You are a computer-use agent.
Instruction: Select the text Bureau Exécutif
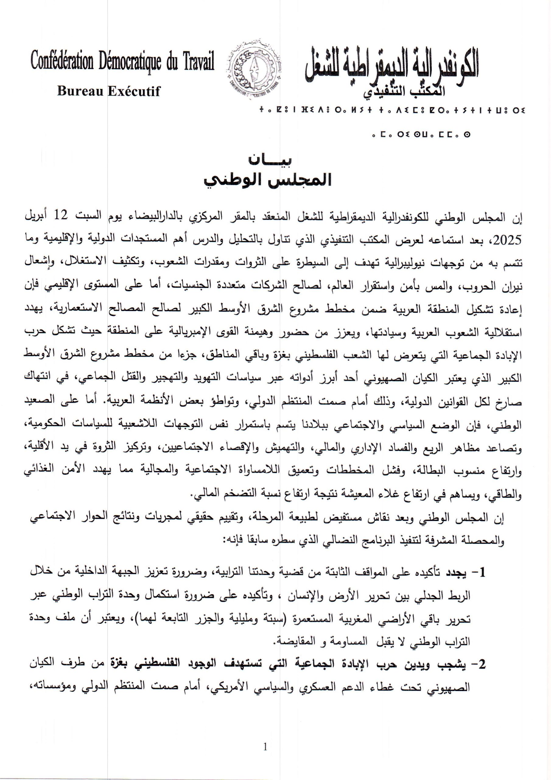point(109,91)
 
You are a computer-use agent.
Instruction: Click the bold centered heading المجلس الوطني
point(268,180)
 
